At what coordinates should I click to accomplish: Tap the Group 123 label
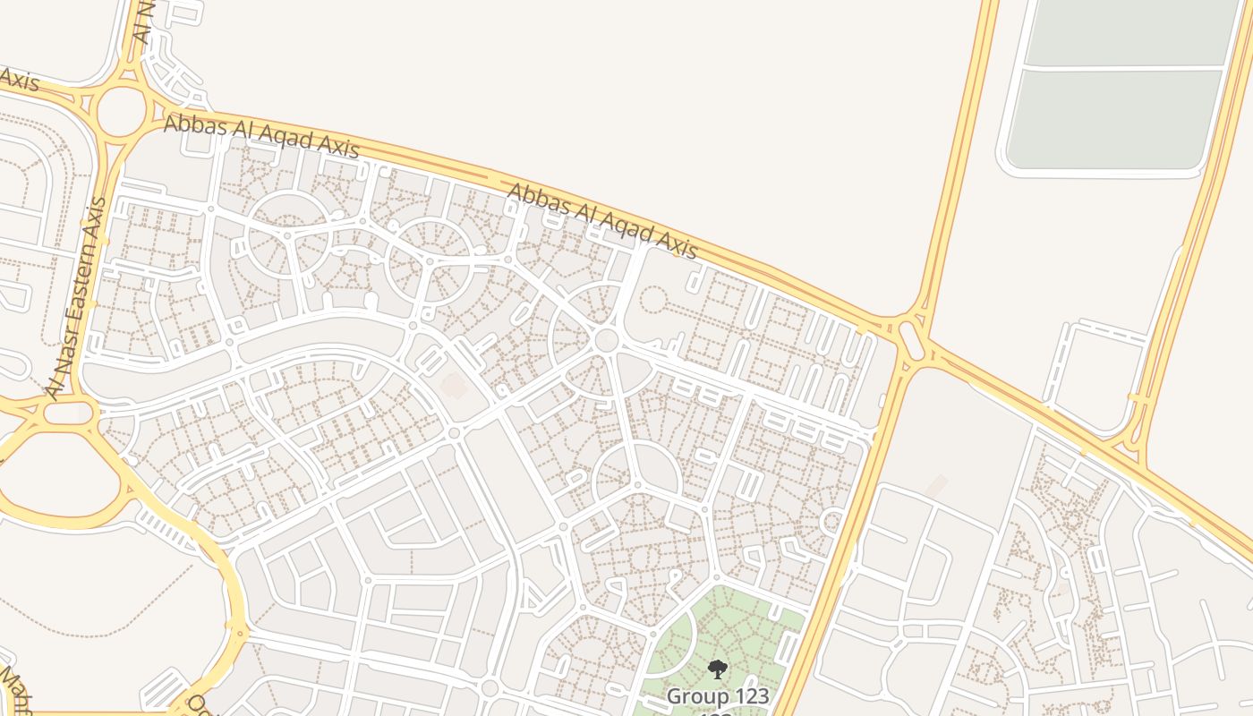[717, 695]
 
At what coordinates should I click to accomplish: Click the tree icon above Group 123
[717, 669]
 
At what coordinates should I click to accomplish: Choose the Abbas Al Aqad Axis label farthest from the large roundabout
[602, 220]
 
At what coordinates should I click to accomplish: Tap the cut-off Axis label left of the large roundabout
[18, 80]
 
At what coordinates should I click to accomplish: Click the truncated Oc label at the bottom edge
[198, 706]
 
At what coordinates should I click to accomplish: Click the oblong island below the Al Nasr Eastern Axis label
[70, 413]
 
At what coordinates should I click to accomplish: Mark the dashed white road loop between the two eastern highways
[1096, 376]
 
